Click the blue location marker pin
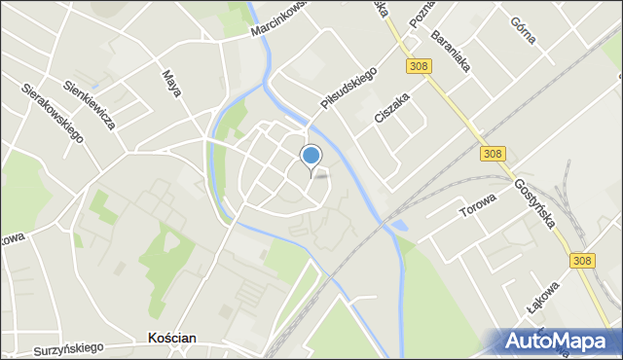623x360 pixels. coord(311,156)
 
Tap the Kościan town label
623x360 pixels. coord(171,338)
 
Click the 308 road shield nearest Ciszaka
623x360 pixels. coord(418,65)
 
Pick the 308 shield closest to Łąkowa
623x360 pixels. coord(582,261)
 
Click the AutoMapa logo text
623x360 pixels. coord(562,341)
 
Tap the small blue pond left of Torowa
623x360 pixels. coord(400,228)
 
